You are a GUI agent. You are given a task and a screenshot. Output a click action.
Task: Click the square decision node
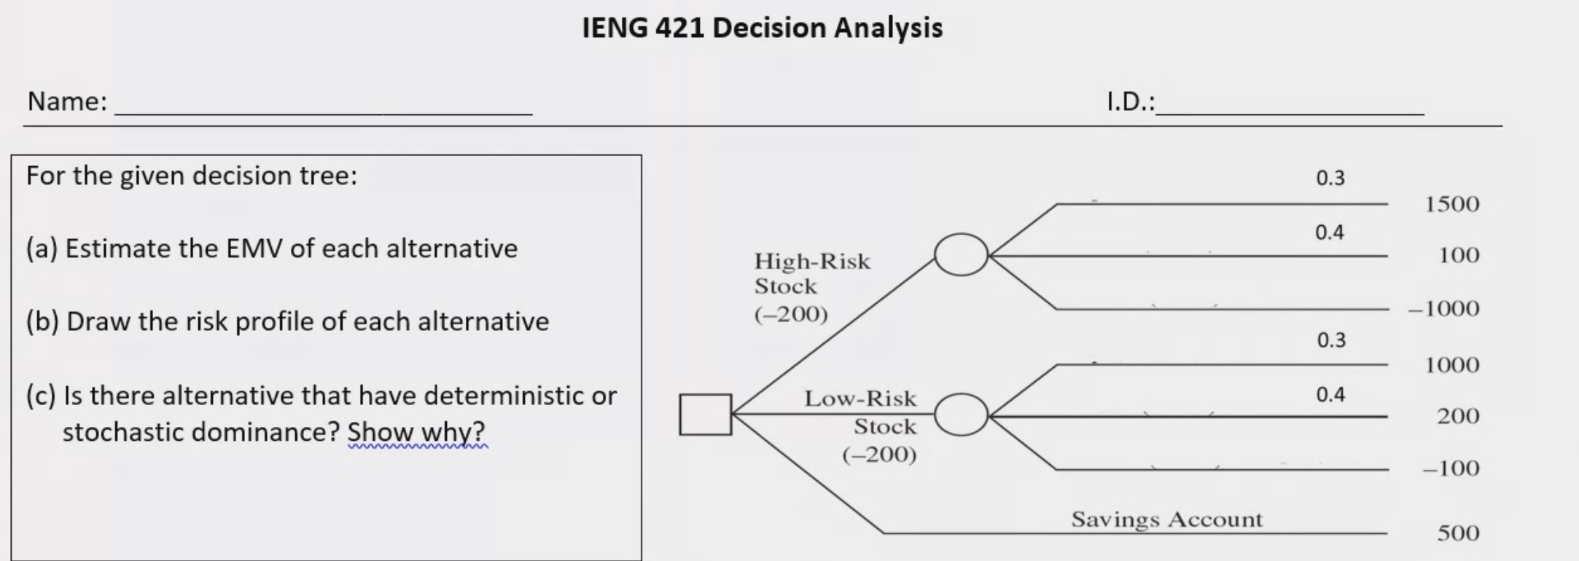point(705,415)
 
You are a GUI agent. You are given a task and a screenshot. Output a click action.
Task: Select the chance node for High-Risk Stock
point(961,254)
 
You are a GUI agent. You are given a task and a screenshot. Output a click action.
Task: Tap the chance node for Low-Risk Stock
point(961,415)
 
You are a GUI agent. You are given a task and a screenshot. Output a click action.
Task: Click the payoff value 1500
point(1452,204)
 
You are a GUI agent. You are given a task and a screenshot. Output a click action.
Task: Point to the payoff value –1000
point(1443,309)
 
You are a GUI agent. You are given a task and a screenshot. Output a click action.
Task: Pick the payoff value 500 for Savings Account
point(1458,533)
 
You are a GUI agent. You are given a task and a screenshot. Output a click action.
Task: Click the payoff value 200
point(1458,416)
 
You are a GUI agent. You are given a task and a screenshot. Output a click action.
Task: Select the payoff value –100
point(1451,468)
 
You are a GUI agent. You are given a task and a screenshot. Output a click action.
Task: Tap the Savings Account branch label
point(1166,519)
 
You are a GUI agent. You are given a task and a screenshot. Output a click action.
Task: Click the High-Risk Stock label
point(812,273)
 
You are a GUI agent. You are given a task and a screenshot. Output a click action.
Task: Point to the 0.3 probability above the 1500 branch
point(1330,178)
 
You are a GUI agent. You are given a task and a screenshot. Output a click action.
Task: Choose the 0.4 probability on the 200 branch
point(1330,395)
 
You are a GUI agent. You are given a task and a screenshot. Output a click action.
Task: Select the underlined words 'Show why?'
point(416,433)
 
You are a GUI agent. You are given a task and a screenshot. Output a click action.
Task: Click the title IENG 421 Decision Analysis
point(762,28)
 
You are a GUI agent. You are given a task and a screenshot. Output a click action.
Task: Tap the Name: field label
point(67,101)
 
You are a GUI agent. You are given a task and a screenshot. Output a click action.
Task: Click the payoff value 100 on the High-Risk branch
point(1459,256)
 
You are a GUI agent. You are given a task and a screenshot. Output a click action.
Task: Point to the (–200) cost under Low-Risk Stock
point(879,455)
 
